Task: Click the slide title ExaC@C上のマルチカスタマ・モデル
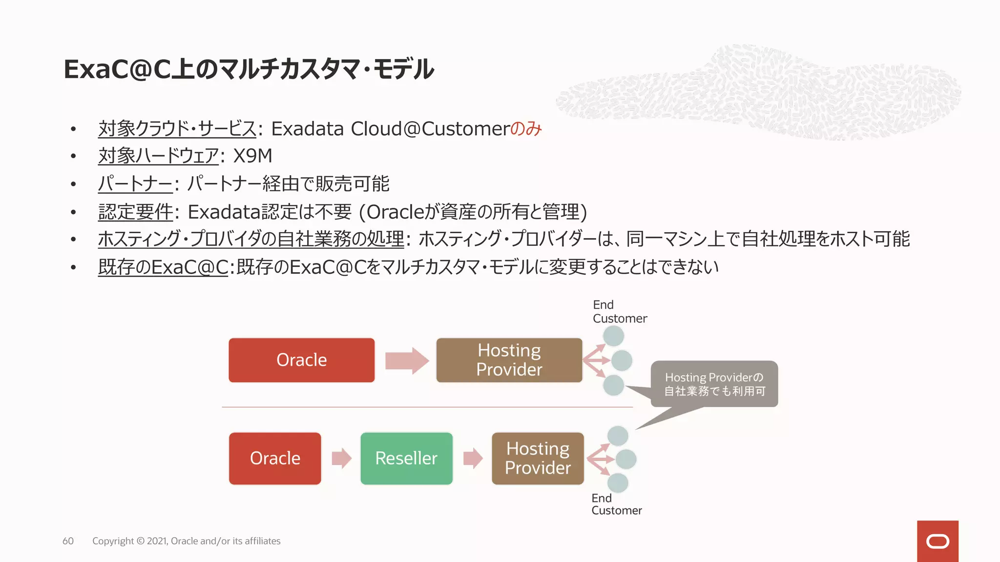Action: click(x=248, y=69)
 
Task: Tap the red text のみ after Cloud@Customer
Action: click(x=526, y=129)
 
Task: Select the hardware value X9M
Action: click(x=252, y=156)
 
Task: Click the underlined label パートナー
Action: click(x=135, y=184)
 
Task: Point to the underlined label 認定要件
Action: click(x=135, y=212)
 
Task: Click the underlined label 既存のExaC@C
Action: click(x=163, y=267)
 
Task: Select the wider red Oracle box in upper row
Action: click(x=301, y=360)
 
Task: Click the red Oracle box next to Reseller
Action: click(x=275, y=458)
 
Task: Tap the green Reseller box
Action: click(x=406, y=458)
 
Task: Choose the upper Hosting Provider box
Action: click(x=509, y=360)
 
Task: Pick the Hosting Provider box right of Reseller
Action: click(x=538, y=458)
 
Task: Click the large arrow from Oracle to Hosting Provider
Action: click(x=406, y=361)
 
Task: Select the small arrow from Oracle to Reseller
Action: click(x=341, y=458)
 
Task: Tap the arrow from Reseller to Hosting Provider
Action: click(x=472, y=458)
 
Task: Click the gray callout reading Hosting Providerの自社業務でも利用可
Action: click(x=714, y=384)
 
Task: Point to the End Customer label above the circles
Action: click(x=619, y=312)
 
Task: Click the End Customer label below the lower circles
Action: click(x=616, y=504)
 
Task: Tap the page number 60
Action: click(x=68, y=541)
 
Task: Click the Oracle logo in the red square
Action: click(x=937, y=541)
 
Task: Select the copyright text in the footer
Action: click(x=186, y=541)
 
